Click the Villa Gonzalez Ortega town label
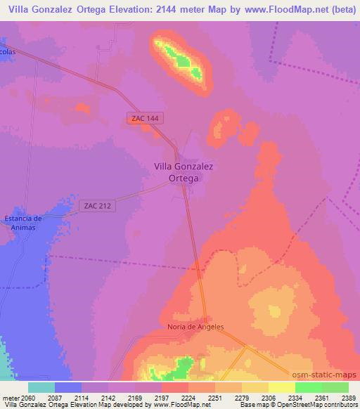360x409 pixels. coord(184,172)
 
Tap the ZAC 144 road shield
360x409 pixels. coord(146,119)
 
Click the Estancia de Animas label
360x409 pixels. coord(24,223)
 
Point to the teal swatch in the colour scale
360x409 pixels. coord(41,387)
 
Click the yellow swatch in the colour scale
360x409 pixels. coord(282,387)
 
